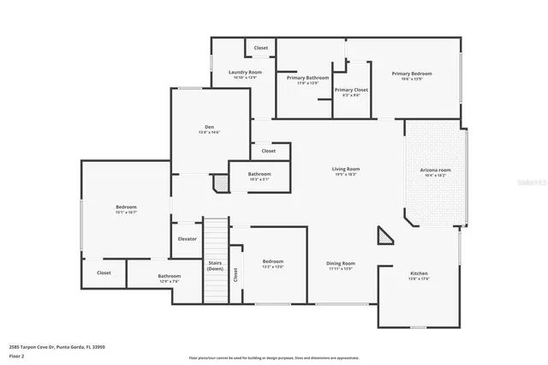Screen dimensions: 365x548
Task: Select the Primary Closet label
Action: [x=351, y=92]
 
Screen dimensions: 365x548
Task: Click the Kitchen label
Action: [x=419, y=275]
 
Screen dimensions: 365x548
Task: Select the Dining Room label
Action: [x=341, y=266]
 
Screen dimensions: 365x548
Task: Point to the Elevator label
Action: [x=187, y=239]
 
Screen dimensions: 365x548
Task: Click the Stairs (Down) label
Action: [x=216, y=266]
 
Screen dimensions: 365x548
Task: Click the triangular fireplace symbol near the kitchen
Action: [x=384, y=236]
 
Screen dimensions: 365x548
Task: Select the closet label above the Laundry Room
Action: [x=261, y=48]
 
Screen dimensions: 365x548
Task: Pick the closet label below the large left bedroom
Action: [x=104, y=272]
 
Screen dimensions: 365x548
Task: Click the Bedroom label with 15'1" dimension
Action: [x=126, y=209]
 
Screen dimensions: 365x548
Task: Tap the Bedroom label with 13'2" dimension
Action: [x=273, y=263]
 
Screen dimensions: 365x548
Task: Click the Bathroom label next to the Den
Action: [x=259, y=176]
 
